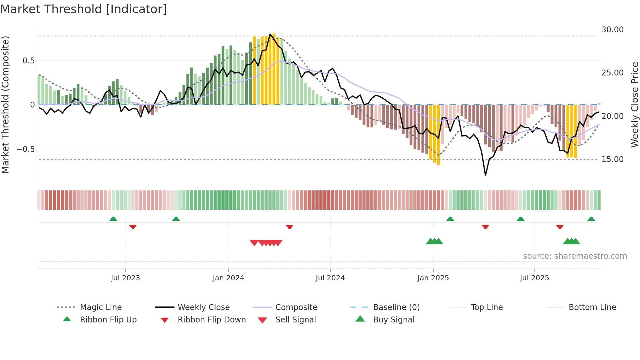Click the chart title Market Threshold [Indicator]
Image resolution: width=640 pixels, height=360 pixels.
pos(84,9)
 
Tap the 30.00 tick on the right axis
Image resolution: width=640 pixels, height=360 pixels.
pos(612,30)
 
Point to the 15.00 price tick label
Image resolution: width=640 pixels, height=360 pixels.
pos(612,159)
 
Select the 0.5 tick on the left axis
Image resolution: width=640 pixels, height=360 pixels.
pos(28,61)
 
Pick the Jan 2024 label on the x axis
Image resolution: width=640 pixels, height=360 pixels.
pos(228,278)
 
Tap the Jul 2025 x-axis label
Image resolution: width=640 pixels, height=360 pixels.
pos(534,278)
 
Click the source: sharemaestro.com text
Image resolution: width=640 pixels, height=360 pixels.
pos(575,256)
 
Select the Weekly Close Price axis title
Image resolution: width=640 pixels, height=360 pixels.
pos(634,105)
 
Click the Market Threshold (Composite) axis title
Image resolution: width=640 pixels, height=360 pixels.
pos(5,105)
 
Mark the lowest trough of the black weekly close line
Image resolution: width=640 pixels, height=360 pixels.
pos(486,175)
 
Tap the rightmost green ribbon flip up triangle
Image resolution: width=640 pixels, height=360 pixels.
pos(591,219)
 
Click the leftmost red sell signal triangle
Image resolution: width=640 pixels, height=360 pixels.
pos(254,243)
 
